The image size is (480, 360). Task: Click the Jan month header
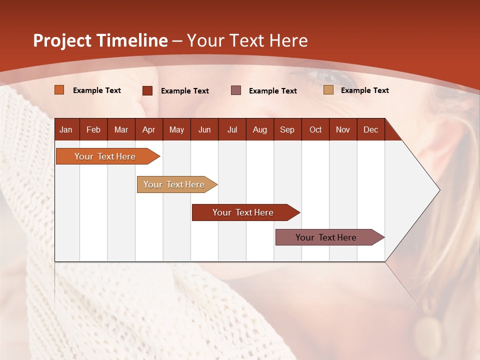[66, 129]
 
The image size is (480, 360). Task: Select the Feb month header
[93, 129]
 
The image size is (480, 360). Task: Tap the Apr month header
[148, 129]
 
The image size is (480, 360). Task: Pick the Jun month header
[204, 129]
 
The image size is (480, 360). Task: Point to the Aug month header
[259, 129]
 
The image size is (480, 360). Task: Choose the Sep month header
[287, 129]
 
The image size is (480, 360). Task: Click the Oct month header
[315, 129]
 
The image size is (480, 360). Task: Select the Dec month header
[370, 129]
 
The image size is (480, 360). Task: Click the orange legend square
[59, 90]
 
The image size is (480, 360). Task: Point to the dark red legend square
[147, 90]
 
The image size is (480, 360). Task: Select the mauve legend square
[236, 90]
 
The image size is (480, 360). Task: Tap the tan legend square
[328, 90]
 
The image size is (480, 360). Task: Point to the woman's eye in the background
[327, 77]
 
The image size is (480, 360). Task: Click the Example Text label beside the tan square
[364, 90]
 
